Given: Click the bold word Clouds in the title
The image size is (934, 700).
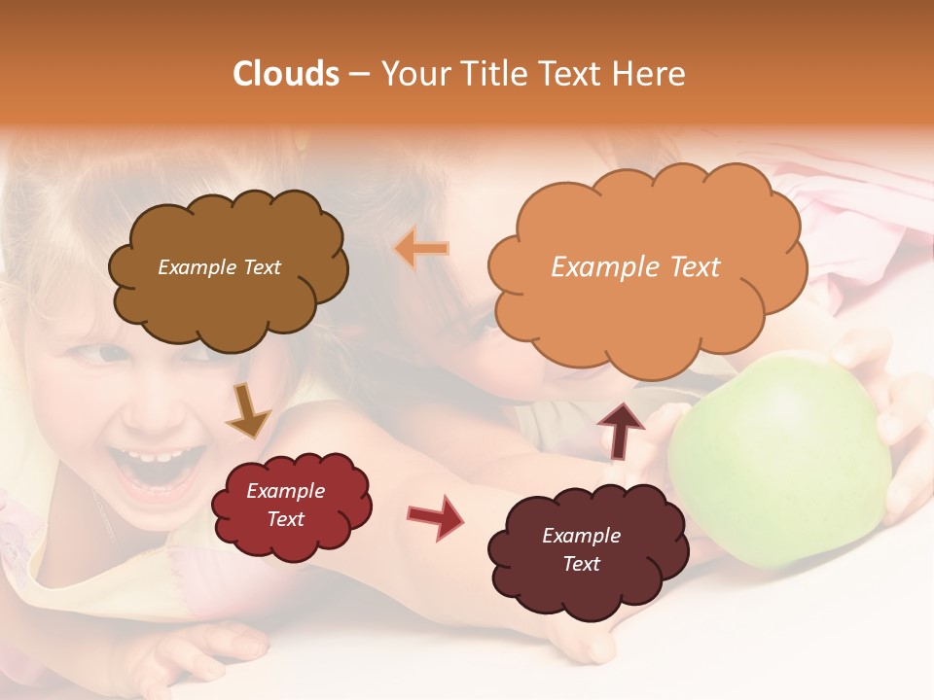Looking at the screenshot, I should (286, 74).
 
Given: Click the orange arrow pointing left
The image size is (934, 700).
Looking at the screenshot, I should (421, 249).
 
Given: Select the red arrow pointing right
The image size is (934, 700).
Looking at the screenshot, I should (434, 516).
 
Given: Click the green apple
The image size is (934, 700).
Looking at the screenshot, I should (778, 457).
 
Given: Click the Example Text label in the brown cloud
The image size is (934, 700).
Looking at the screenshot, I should (219, 267).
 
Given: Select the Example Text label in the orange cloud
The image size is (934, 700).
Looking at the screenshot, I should (635, 267).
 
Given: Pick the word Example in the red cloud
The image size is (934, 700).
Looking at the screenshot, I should (285, 491).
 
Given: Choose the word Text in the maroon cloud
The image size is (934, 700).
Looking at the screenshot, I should (581, 564).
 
